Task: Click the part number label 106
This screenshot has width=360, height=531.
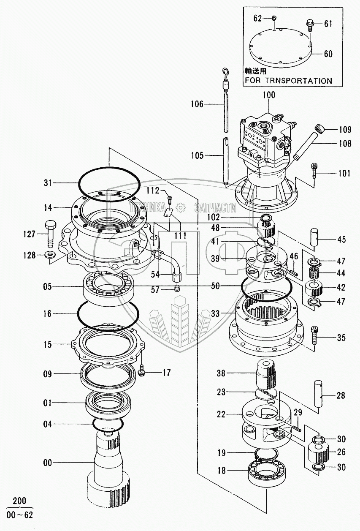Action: coord(197,104)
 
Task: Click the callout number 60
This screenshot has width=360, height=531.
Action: coord(328,54)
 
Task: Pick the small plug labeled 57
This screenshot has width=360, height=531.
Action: coord(177,289)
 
